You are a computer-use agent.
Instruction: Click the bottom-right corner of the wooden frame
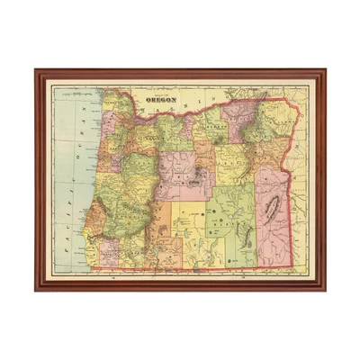pos(323,289)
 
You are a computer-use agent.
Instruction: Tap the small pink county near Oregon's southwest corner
pos(106,249)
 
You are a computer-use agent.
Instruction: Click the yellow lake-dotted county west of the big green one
pos(184,234)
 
